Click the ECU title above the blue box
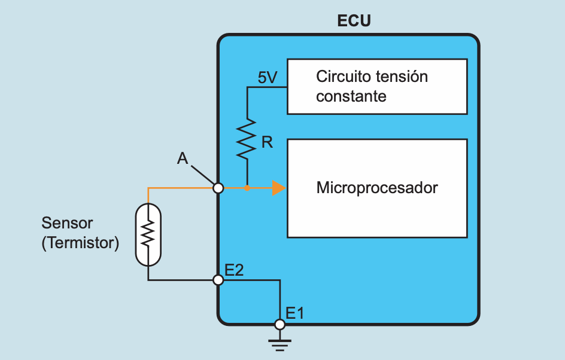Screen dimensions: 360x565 point(354,21)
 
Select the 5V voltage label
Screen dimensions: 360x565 point(268,78)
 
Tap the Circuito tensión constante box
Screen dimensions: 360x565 point(377,86)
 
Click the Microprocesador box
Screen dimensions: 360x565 point(377,188)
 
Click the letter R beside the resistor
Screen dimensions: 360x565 point(267,142)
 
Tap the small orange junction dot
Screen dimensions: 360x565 point(247,188)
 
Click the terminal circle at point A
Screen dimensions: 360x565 point(218,188)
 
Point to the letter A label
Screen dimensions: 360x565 point(183,158)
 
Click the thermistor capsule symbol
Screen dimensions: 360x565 point(148,234)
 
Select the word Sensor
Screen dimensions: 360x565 point(67,223)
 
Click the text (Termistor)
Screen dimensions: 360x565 point(80,243)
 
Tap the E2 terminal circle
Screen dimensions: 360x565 point(218,279)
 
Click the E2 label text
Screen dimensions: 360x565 point(234,269)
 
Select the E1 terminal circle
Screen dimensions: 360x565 point(279,324)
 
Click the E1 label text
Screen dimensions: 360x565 point(295,313)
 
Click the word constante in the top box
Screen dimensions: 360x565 point(351,96)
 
